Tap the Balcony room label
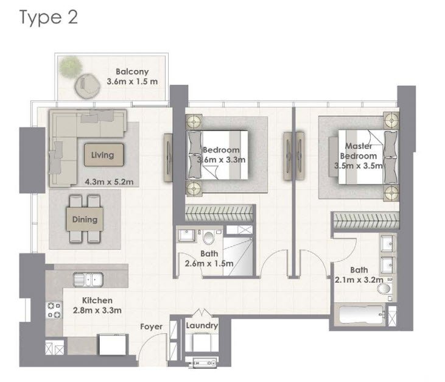point(132,71)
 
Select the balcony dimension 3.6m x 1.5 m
point(132,82)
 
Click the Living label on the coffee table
point(102,155)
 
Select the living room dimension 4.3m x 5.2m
point(109,181)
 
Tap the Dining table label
point(85,219)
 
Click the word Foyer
point(151,327)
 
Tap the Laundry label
point(202,326)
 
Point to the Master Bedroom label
point(360,151)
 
